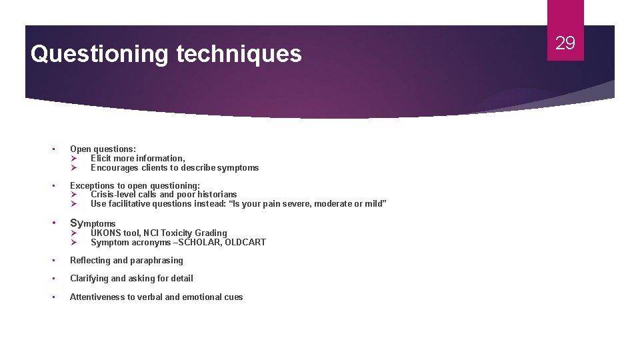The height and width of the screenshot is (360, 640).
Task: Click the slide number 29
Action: pos(565,43)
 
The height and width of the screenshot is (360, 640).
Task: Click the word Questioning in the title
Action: pos(99,54)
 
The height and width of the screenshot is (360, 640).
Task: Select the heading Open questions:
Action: pos(103,149)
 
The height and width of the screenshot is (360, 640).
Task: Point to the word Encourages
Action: pos(114,168)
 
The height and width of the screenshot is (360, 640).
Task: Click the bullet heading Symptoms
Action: pos(93,223)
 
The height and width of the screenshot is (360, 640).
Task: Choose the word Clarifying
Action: pos(89,279)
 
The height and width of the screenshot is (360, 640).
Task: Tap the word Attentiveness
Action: pos(97,297)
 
